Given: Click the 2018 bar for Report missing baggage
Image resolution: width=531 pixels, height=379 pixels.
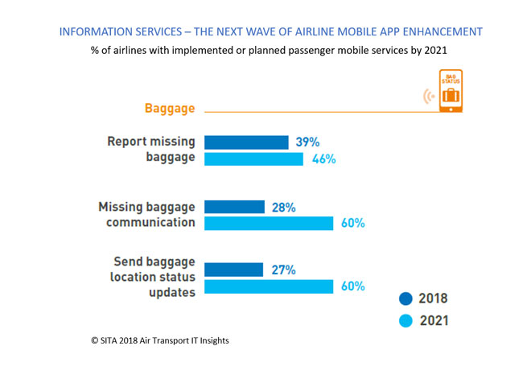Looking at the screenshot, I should click(x=246, y=142).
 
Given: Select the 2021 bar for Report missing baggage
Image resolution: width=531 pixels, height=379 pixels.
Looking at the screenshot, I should click(x=253, y=159).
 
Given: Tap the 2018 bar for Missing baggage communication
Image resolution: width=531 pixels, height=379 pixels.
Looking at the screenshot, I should click(x=234, y=207).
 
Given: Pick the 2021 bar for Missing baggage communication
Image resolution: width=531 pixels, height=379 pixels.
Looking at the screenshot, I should click(x=269, y=223).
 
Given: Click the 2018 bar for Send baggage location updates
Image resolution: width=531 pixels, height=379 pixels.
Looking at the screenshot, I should click(x=233, y=270).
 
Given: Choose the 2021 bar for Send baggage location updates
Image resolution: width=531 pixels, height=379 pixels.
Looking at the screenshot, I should click(x=269, y=286).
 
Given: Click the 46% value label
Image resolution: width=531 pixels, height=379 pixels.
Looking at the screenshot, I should click(x=323, y=159).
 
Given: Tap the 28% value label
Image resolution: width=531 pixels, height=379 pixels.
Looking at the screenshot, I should click(x=284, y=207).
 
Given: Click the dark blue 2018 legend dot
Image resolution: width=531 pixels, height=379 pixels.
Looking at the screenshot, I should click(x=405, y=299).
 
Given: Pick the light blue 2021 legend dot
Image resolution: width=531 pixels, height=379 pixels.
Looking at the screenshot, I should click(x=405, y=321).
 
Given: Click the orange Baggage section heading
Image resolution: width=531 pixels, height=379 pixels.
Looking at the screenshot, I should click(x=171, y=109).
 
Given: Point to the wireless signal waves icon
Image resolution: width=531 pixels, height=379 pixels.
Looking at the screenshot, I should click(x=429, y=97).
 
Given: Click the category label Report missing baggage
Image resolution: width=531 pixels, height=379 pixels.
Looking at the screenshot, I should click(x=151, y=150).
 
